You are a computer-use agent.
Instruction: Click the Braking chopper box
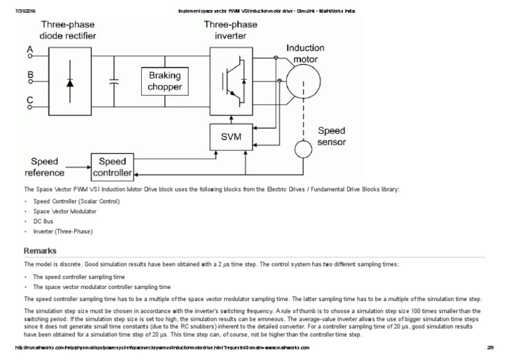pyautogui.click(x=165, y=82)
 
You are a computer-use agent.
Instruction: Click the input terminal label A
pyautogui.click(x=29, y=50)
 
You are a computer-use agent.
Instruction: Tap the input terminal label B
pyautogui.click(x=29, y=76)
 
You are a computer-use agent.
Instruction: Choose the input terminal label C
pyautogui.click(x=29, y=101)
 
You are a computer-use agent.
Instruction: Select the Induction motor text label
pyautogui.click(x=306, y=54)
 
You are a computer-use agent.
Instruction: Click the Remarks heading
pyautogui.click(x=40, y=251)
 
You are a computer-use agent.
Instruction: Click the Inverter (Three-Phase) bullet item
pyautogui.click(x=63, y=232)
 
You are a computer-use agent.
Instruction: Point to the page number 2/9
pyautogui.click(x=491, y=347)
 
